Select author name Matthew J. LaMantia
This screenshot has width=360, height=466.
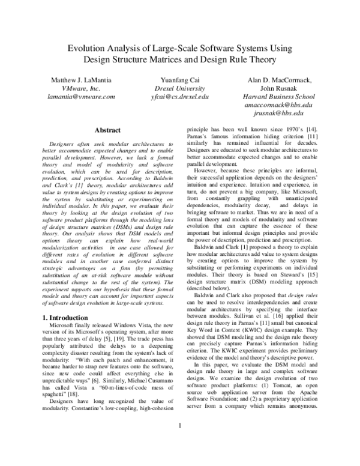[82, 79]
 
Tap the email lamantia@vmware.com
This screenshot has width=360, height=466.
[82, 96]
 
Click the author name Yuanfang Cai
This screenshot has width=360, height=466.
[181, 79]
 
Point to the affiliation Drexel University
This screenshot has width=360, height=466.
[181, 88]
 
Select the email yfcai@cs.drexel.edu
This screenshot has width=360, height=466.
[181, 96]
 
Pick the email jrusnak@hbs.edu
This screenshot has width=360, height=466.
[277, 113]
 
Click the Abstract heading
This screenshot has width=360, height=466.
[108, 130]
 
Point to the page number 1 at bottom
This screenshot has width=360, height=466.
[180, 443]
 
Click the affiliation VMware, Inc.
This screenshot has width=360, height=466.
[82, 88]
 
